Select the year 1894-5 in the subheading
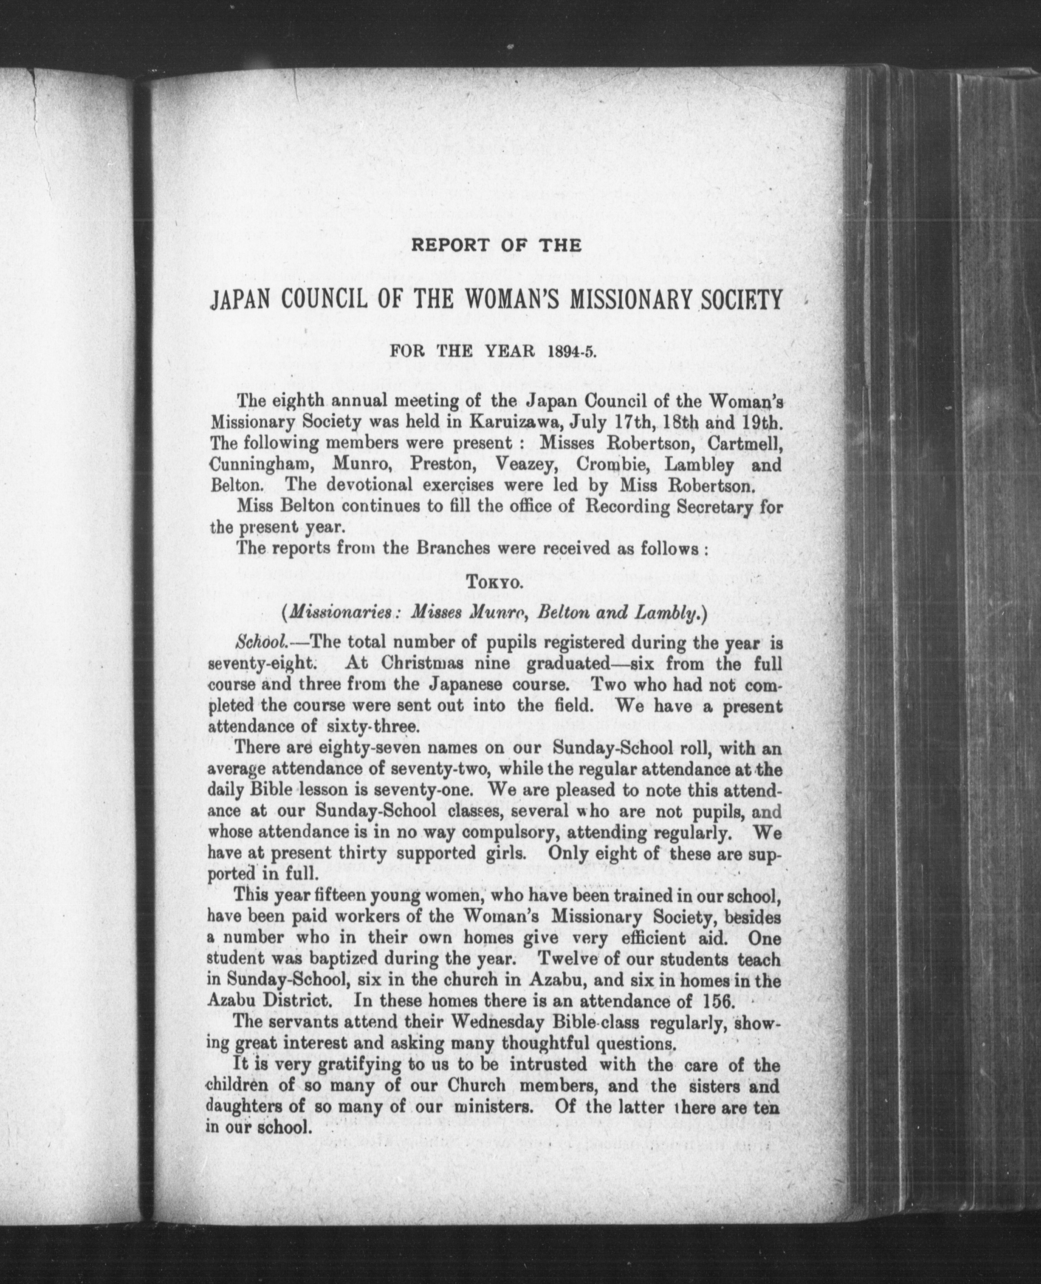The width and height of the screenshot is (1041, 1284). pos(568,351)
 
